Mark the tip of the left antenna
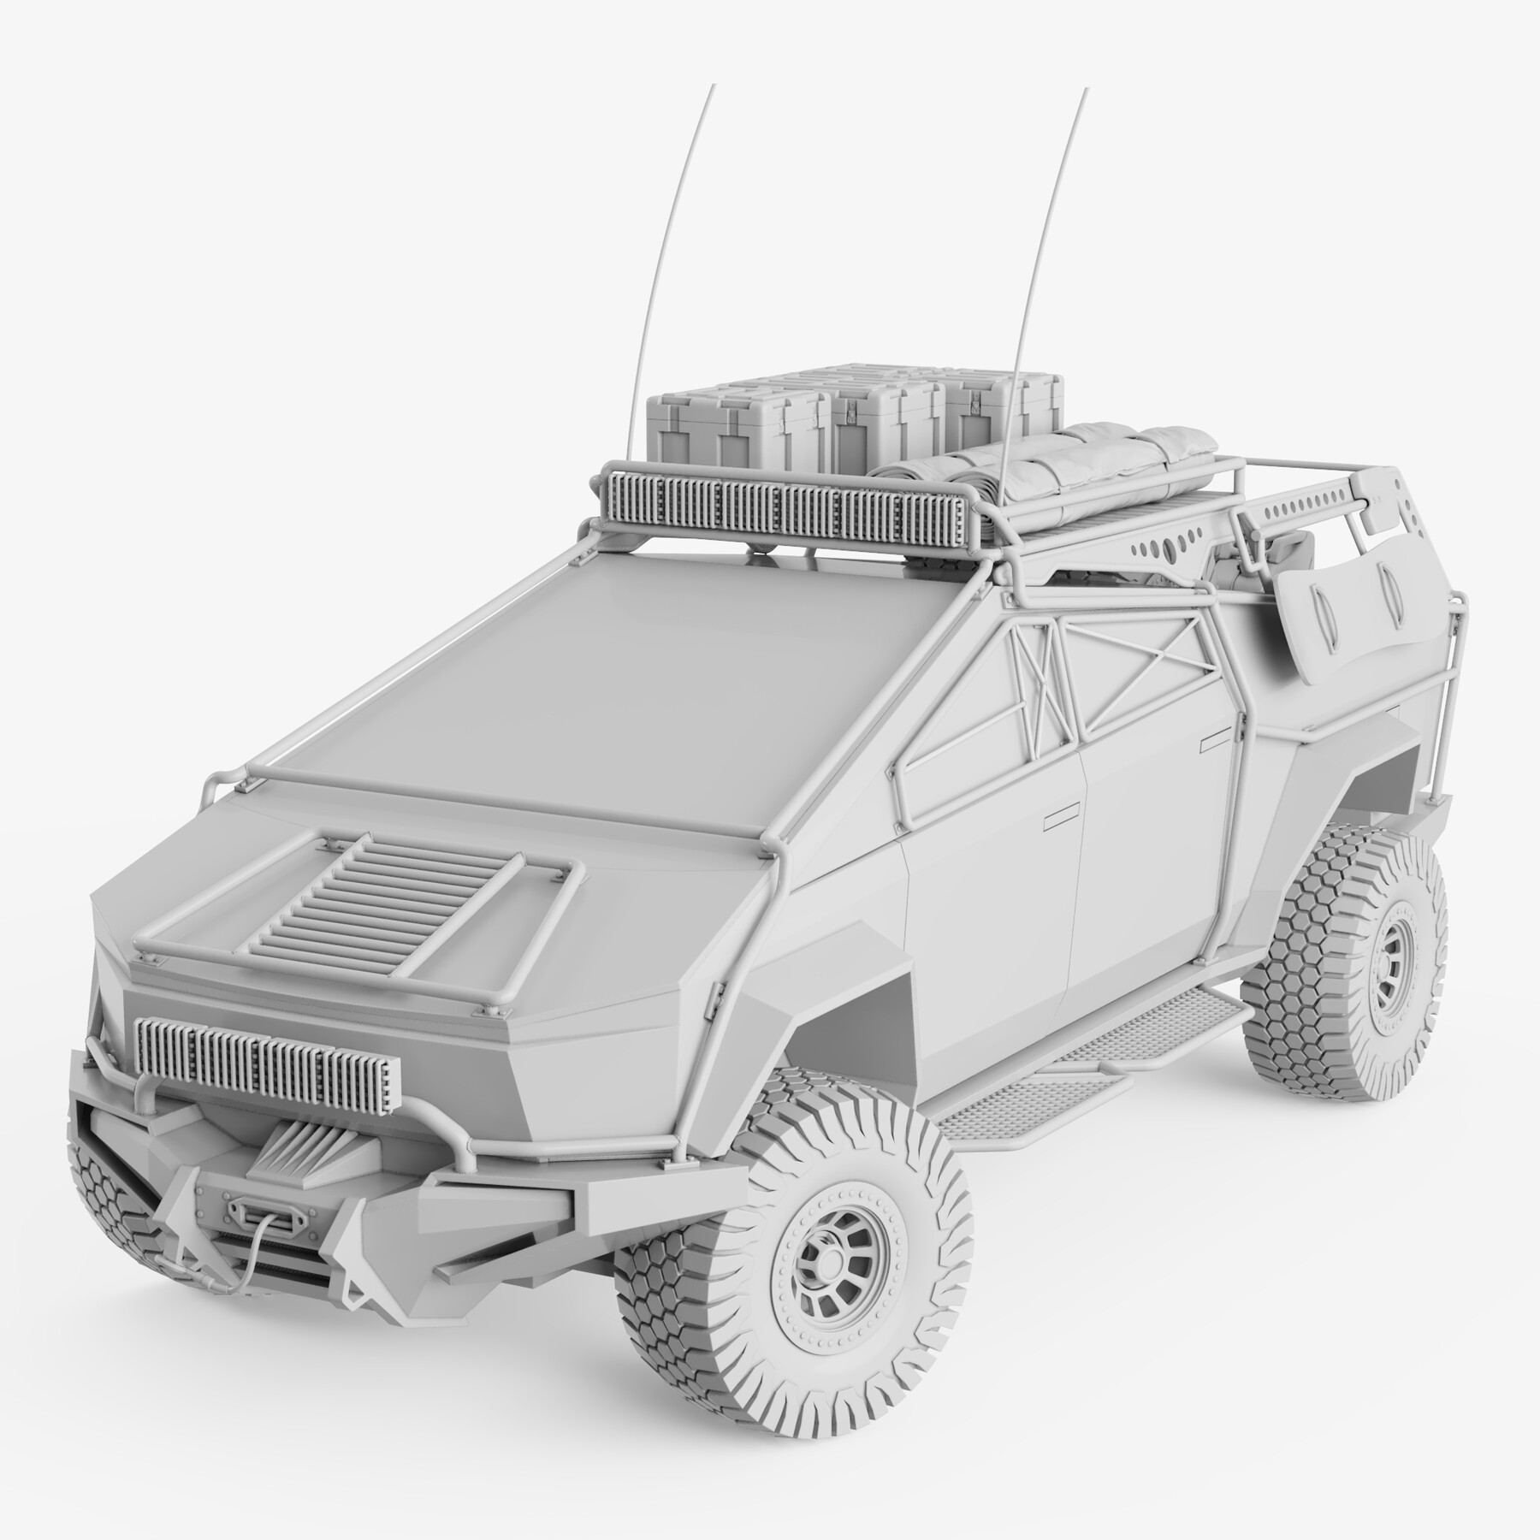coord(710,87)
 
